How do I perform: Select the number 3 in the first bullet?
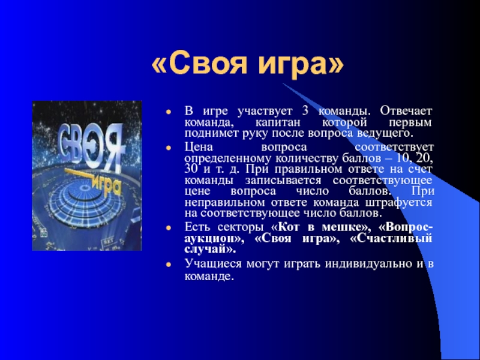(305, 111)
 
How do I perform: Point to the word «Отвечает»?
(406, 110)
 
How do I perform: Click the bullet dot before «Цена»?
(168, 148)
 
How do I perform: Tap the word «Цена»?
(199, 147)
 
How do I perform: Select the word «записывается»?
(283, 181)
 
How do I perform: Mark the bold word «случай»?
(206, 249)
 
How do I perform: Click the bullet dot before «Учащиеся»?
(168, 264)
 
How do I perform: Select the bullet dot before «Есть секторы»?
(168, 228)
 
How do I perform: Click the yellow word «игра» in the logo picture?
(106, 186)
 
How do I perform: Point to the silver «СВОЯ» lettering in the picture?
(90, 145)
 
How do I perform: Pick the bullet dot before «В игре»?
(168, 112)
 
